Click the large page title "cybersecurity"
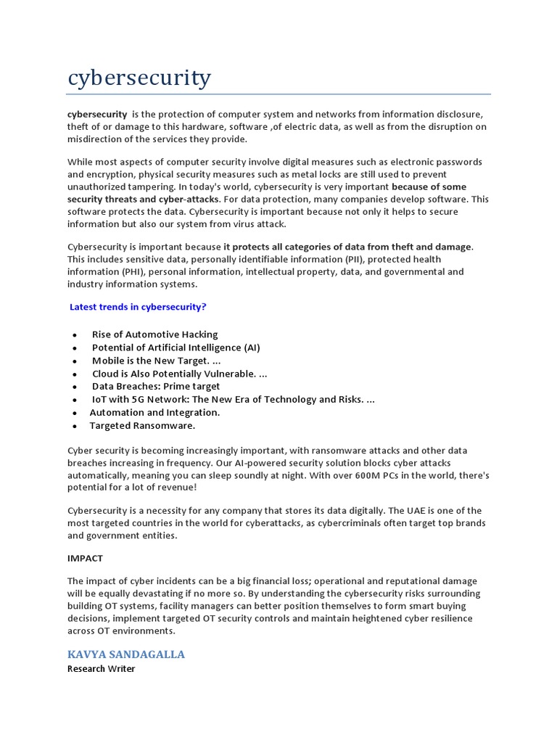point(139,78)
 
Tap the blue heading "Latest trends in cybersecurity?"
point(138,307)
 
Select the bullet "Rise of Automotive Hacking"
point(154,334)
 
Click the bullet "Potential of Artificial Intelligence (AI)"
point(176,348)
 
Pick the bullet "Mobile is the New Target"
point(151,361)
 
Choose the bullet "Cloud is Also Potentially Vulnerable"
point(179,374)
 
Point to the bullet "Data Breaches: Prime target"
point(156,387)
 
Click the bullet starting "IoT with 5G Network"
point(233,400)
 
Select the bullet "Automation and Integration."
point(154,412)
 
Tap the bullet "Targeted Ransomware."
point(142,426)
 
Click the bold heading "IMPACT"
point(86,559)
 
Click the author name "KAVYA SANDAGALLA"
point(126,654)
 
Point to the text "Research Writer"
point(102,669)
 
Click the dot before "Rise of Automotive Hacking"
point(75,335)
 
